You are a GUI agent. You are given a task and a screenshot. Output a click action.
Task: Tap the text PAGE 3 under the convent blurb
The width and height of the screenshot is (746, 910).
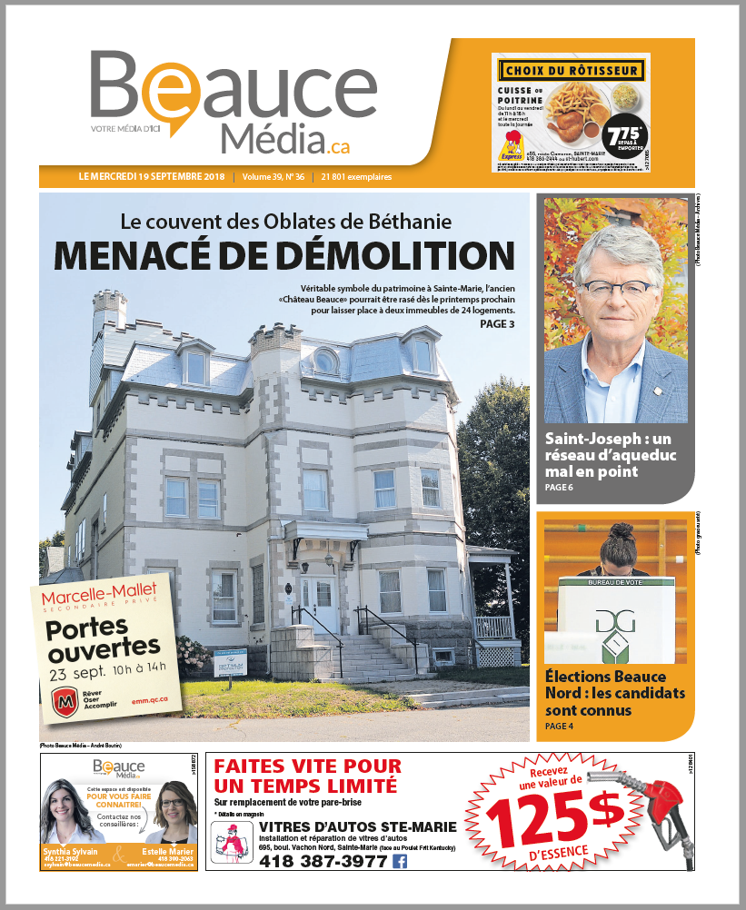point(497,323)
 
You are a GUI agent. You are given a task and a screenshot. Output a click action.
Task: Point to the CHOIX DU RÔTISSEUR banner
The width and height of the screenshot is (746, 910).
point(572,70)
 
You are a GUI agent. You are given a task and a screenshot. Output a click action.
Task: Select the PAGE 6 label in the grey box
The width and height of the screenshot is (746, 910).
point(559,489)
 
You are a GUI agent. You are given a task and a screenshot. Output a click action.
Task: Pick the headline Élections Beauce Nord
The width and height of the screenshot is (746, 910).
point(605,693)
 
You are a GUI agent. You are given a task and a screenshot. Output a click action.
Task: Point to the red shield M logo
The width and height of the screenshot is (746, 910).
point(63,703)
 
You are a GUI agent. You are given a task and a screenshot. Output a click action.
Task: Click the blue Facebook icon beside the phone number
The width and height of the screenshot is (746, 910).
point(399,862)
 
